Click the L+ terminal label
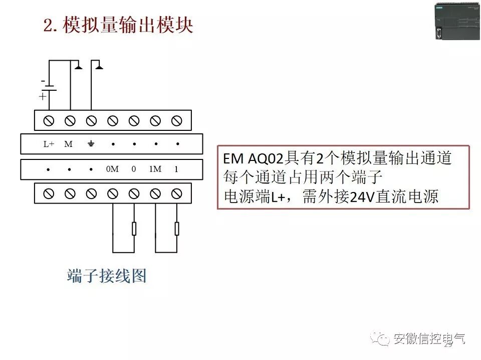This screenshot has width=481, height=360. [49, 144]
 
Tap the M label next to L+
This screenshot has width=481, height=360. [69, 144]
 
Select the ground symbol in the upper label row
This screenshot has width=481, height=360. [91, 144]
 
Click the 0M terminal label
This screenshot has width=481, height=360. [112, 169]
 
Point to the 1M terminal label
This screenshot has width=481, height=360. [155, 169]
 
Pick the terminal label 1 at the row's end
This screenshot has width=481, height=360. [176, 169]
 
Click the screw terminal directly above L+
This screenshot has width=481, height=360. [49, 120]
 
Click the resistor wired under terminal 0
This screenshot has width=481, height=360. [134, 229]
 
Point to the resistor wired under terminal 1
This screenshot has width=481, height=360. [177, 229]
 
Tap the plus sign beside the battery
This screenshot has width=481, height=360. [43, 97]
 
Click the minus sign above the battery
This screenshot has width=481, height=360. [43, 81]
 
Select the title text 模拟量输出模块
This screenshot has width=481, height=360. [128, 26]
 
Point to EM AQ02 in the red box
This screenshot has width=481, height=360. [253, 159]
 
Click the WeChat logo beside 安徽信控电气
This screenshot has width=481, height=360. [382, 339]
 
